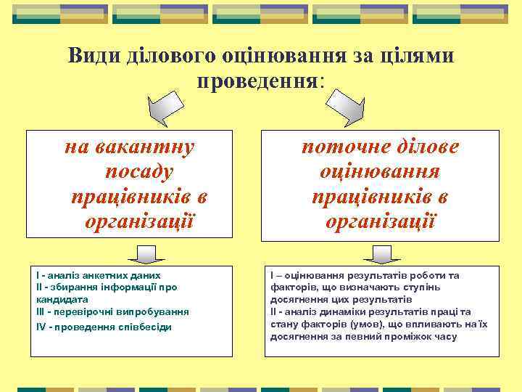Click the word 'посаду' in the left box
[139, 172]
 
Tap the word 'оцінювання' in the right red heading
[381, 172]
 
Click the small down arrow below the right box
[378, 253]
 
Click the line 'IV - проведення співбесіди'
[104, 327]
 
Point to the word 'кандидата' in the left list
[62, 299]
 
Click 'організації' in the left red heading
[139, 220]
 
